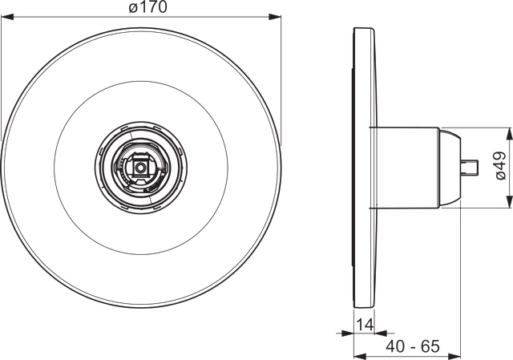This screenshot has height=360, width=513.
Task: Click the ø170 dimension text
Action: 142,8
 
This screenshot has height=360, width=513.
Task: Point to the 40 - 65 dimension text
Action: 413,346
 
